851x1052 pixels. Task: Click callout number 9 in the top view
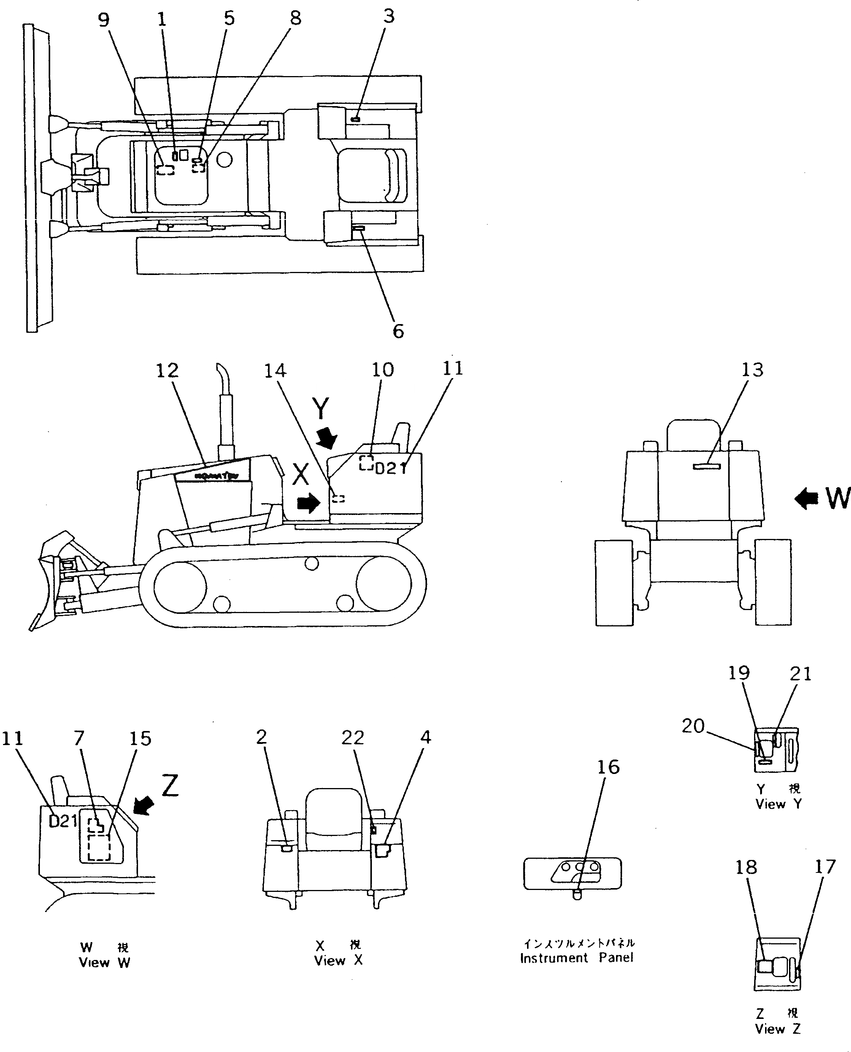pos(103,20)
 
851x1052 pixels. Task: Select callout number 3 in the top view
pos(389,17)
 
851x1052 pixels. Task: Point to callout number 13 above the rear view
pos(752,370)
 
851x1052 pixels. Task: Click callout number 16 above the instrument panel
pos(608,767)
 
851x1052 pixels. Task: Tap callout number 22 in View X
pos(352,738)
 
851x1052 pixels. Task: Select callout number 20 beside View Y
pos(693,726)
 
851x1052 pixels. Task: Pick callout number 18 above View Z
pos(746,868)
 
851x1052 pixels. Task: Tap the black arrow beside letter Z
pos(144,806)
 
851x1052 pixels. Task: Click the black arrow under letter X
pos(308,503)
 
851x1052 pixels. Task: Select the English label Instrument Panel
pos(576,958)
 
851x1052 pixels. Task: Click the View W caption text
pos(105,963)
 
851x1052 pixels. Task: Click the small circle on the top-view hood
pos(224,159)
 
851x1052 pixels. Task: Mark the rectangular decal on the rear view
pos(707,466)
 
